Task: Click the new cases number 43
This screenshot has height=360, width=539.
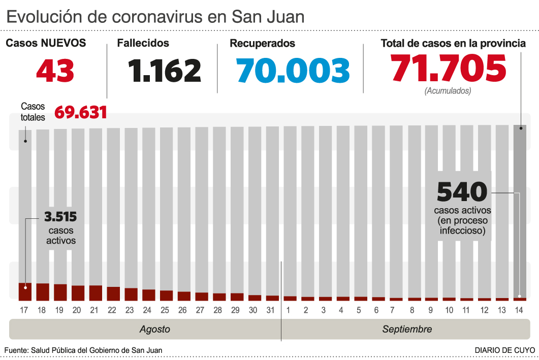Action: [55, 71]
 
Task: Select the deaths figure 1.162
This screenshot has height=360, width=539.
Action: [165, 71]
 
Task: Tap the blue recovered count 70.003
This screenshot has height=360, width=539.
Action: [293, 71]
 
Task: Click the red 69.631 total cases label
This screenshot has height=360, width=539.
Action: [80, 112]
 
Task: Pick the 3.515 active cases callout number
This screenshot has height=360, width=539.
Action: [60, 217]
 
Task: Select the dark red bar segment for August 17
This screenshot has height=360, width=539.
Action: [25, 291]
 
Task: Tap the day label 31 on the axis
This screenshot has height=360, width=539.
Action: [272, 310]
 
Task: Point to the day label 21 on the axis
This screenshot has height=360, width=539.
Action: [96, 310]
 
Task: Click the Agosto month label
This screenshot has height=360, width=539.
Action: [154, 329]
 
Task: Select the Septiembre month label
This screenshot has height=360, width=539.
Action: [407, 329]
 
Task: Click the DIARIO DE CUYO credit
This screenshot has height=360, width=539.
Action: [504, 350]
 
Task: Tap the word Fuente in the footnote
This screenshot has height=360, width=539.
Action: [16, 350]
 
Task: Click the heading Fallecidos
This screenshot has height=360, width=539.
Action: [143, 44]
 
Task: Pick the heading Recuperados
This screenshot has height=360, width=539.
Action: [262, 44]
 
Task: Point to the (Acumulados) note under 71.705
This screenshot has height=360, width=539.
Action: [448, 91]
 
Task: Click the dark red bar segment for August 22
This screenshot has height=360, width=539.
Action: [113, 293]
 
